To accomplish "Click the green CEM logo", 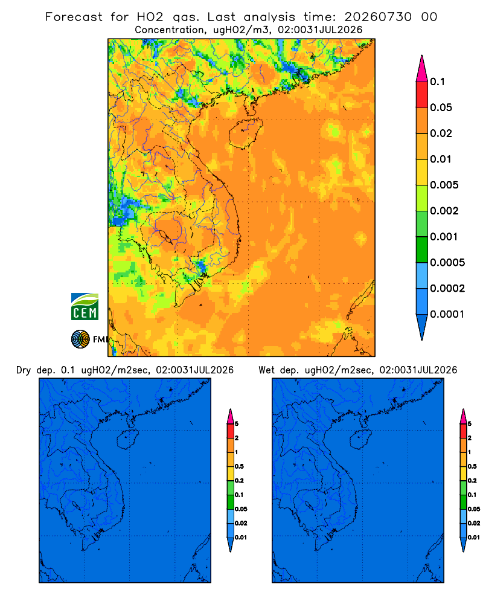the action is (85, 307).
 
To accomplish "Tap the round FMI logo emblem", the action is (80, 339).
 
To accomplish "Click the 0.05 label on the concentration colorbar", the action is (441, 108).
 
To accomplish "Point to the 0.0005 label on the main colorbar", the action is (447, 263).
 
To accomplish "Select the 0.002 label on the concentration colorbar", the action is (444, 211).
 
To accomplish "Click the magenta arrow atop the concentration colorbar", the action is (422, 68).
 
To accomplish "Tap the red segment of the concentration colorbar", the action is (422, 95).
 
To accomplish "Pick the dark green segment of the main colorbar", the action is (422, 249).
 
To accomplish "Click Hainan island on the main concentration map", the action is (245, 133).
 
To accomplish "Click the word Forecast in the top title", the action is (74, 17).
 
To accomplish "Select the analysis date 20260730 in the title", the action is (378, 17).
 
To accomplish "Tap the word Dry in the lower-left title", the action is (24, 370).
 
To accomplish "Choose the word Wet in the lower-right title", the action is (266, 370).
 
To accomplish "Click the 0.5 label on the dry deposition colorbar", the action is (239, 466).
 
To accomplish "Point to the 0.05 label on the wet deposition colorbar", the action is (474, 509).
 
